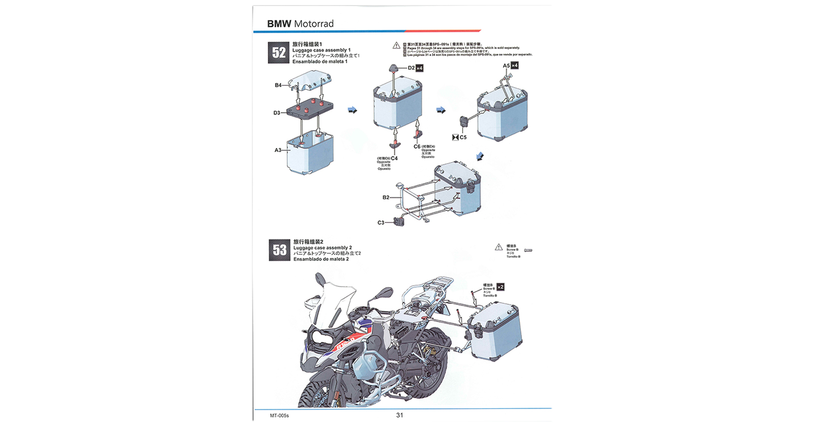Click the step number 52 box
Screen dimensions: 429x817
(x=278, y=52)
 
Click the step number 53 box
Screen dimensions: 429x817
(x=279, y=250)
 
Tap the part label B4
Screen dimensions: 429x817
(x=278, y=85)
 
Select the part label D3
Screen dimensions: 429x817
(x=276, y=113)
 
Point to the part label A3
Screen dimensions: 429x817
(x=278, y=150)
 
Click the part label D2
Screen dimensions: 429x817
(x=411, y=68)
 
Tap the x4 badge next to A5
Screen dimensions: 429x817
(x=514, y=66)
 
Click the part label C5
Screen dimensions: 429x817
(x=463, y=137)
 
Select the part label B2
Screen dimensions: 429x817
(x=386, y=197)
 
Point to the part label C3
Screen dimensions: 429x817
(x=381, y=223)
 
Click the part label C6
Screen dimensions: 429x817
(x=417, y=146)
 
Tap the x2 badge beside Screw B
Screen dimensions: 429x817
(x=500, y=287)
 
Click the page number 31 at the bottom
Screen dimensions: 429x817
(x=399, y=415)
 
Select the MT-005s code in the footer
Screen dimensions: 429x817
(x=279, y=416)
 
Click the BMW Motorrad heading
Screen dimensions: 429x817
(x=300, y=24)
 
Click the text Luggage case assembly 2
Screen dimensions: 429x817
(x=323, y=248)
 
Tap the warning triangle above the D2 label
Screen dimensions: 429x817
(x=396, y=45)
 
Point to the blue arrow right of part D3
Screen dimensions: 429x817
(x=353, y=110)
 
